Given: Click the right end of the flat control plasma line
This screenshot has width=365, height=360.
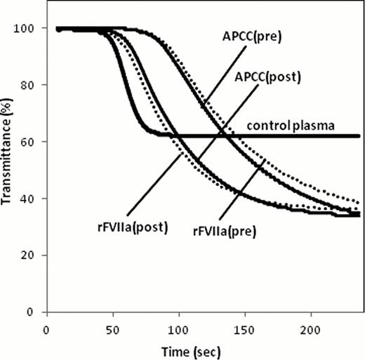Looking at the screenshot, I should tap(359, 135).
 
